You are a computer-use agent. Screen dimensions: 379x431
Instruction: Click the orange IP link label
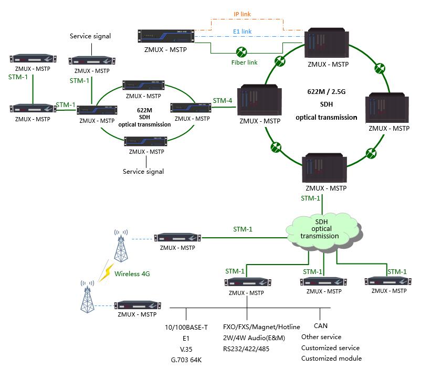tap(243, 14)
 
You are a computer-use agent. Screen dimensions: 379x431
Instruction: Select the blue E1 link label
tap(242, 31)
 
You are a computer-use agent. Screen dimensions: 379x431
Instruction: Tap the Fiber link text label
tap(245, 62)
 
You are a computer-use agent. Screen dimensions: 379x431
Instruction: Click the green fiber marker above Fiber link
tap(242, 52)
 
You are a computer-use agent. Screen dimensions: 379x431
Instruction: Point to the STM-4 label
tap(223, 100)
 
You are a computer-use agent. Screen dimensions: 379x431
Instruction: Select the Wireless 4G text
tap(132, 273)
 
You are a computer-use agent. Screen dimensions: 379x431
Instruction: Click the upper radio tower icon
tap(121, 246)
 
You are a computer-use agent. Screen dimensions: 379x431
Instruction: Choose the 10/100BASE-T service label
tap(186, 328)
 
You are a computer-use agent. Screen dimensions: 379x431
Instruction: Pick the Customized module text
tap(331, 358)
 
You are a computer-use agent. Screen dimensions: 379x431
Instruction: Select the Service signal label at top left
tap(90, 36)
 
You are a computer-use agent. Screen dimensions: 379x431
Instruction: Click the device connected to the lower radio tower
tap(138, 306)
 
